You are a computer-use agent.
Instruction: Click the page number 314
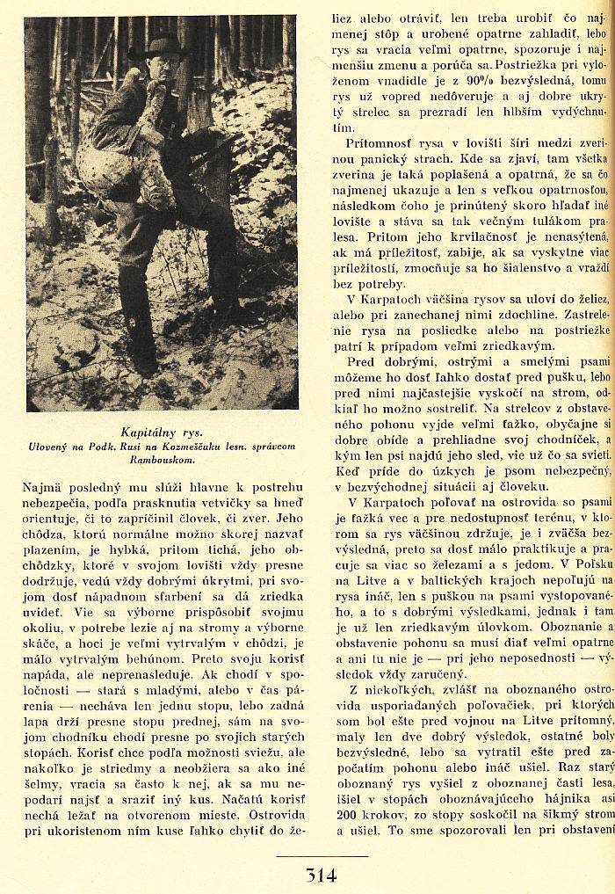(x=321, y=876)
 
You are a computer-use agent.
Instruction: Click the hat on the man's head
(x=157, y=46)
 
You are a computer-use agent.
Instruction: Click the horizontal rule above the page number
(x=321, y=856)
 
